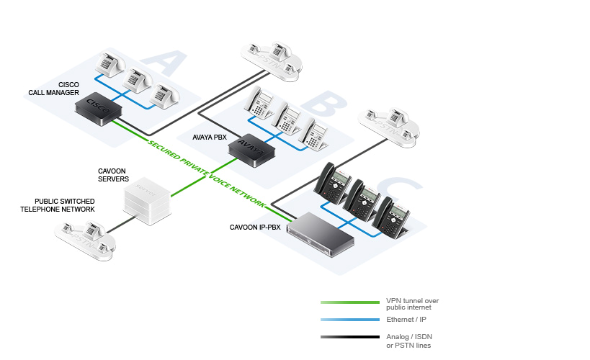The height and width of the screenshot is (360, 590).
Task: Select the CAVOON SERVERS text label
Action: tap(113, 175)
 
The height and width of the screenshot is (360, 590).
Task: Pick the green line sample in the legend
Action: tap(350, 302)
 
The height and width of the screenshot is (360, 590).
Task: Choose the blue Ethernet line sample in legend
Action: tap(350, 319)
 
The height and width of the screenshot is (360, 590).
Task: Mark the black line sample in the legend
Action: tap(350, 337)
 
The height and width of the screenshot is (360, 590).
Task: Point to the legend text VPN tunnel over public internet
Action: tap(412, 304)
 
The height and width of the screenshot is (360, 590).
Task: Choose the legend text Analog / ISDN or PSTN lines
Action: tap(409, 341)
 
